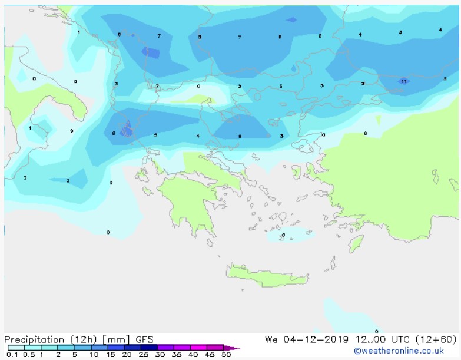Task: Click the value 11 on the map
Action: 404,82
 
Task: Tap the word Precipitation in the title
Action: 34,339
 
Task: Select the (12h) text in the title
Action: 83,339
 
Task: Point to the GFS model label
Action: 144,339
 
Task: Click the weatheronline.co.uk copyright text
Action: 399,351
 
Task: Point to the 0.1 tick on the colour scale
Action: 12,355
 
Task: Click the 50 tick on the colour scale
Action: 226,355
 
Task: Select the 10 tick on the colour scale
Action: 94,355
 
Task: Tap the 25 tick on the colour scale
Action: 143,355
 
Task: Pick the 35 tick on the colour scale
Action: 176,355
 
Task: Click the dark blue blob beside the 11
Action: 403,80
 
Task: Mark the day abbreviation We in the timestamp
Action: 271,339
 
